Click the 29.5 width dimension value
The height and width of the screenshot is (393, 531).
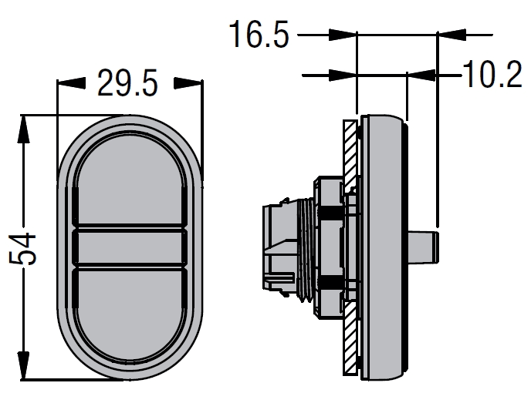[x=127, y=83]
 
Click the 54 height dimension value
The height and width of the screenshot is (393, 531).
[x=22, y=249]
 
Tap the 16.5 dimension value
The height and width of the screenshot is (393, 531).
[x=259, y=34]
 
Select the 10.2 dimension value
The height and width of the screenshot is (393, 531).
[x=492, y=75]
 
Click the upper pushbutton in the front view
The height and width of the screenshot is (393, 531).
[x=130, y=180]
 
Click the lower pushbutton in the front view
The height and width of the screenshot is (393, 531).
[x=130, y=313]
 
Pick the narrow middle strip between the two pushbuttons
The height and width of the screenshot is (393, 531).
[x=130, y=247]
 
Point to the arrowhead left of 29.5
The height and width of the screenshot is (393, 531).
[x=72, y=83]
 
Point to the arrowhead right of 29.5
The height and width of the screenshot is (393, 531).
[x=188, y=83]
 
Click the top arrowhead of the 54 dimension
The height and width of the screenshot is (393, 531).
[x=23, y=129]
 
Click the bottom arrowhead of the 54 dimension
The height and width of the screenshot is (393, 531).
[x=23, y=365]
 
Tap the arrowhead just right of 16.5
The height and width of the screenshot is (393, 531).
[x=343, y=35]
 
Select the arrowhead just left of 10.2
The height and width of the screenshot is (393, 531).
[x=421, y=75]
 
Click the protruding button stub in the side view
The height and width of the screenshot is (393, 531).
[x=423, y=247]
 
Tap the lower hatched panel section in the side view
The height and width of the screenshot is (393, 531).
[x=350, y=338]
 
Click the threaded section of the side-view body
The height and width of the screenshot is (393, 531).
[x=306, y=249]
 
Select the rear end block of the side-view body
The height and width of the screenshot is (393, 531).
[x=279, y=247]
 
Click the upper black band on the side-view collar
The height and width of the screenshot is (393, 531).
[x=330, y=213]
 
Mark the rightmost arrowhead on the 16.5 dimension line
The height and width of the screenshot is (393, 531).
[x=452, y=35]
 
